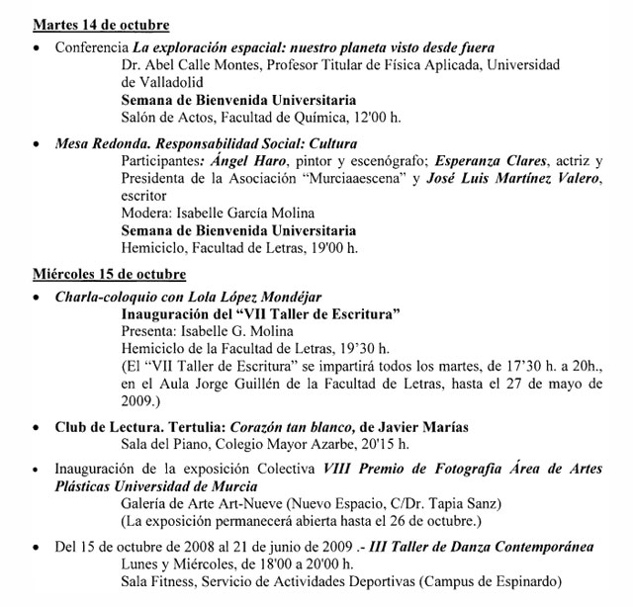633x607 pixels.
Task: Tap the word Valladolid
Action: [x=163, y=82]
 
